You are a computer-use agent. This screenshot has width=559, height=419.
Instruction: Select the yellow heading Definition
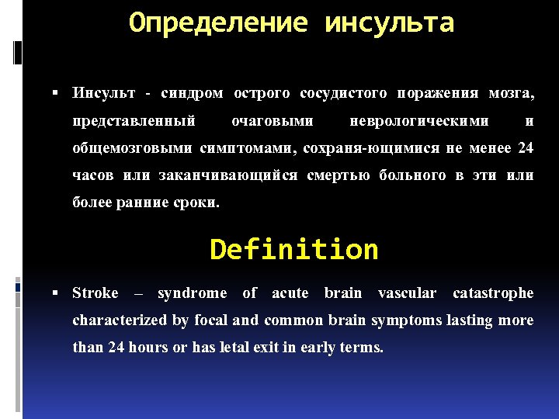click(293, 250)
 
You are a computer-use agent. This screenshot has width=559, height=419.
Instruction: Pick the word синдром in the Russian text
click(192, 94)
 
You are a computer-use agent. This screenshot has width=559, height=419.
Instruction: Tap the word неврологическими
click(419, 121)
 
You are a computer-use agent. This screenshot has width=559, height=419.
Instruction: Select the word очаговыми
click(273, 121)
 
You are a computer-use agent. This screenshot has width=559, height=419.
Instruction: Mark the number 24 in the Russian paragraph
click(526, 148)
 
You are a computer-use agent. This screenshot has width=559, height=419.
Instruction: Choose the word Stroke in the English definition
click(95, 293)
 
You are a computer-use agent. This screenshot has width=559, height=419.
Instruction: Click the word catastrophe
click(493, 293)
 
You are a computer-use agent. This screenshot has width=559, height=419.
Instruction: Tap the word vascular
click(407, 293)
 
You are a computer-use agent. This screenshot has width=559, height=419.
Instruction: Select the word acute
click(290, 293)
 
